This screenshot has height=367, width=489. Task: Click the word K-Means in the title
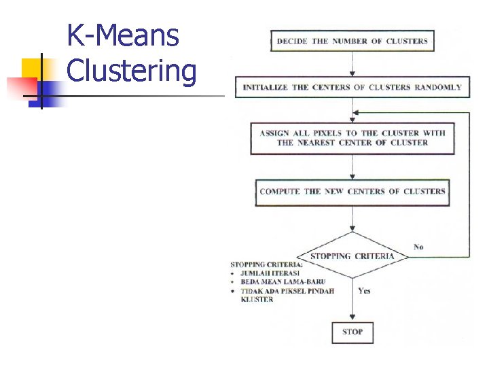pos(123,35)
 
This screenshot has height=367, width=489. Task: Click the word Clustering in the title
pos(132,70)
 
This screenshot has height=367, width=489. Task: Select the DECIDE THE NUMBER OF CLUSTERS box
pos(352,41)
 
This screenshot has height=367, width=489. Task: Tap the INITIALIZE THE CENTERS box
pos(352,87)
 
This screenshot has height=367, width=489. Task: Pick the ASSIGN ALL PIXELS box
pos(352,138)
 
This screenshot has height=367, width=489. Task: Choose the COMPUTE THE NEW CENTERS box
pos(352,191)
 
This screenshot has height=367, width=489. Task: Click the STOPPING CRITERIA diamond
pos(352,256)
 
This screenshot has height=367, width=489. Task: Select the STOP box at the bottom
pos(352,332)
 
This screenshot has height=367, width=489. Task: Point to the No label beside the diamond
pos(418,247)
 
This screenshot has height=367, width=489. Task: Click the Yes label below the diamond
pos(364,291)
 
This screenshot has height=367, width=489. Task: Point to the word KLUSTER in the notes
pos(257,299)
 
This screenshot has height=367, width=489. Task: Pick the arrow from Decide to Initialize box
pos(352,65)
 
